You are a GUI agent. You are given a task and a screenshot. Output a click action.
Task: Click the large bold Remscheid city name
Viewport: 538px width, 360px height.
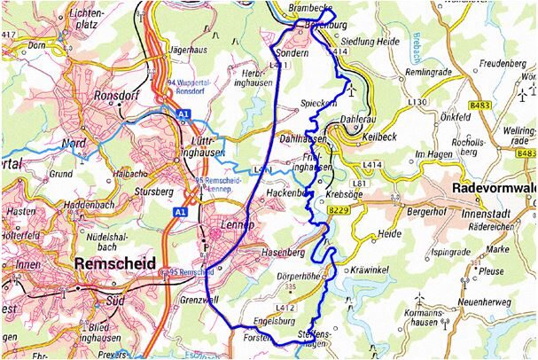tap(116, 263)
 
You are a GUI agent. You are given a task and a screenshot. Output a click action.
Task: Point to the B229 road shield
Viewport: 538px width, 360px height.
tap(339, 210)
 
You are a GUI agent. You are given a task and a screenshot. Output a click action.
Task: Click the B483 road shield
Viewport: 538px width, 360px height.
tap(480, 105)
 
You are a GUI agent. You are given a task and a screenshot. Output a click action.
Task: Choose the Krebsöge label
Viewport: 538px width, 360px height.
tap(347, 193)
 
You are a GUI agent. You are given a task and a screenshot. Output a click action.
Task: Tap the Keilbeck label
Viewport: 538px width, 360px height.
tap(386, 137)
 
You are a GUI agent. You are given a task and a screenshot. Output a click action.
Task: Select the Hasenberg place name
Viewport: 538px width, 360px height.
tap(284, 253)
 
